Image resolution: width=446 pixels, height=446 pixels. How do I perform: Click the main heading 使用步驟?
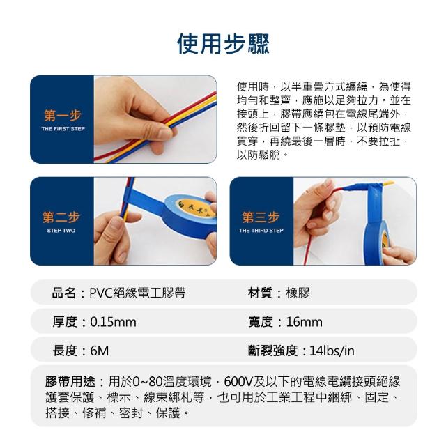point(223,44)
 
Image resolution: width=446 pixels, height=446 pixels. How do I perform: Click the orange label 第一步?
point(63,115)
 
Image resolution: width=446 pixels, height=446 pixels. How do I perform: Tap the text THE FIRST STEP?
point(63,129)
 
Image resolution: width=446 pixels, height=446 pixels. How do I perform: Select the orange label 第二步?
point(61,217)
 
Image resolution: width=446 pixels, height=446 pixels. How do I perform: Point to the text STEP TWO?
point(61,231)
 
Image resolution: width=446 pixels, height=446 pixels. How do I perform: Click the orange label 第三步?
point(261,217)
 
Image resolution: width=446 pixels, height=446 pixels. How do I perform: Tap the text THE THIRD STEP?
point(261,231)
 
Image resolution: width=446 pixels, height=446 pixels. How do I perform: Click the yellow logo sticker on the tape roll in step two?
point(195,208)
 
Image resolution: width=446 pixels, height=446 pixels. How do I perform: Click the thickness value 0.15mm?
point(113,322)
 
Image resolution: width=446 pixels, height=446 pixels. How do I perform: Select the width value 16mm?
point(305,322)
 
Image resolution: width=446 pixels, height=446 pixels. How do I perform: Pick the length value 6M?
point(100,351)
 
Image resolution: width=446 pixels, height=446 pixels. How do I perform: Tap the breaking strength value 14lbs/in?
point(332,351)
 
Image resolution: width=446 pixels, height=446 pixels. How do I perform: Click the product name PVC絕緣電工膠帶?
point(138,293)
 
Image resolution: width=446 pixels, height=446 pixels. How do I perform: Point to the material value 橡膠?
point(298,293)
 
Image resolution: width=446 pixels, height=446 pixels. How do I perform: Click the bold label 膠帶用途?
point(70,381)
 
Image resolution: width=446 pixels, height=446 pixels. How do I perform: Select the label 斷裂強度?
point(272,351)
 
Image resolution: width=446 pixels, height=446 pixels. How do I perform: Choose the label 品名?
point(64,293)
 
